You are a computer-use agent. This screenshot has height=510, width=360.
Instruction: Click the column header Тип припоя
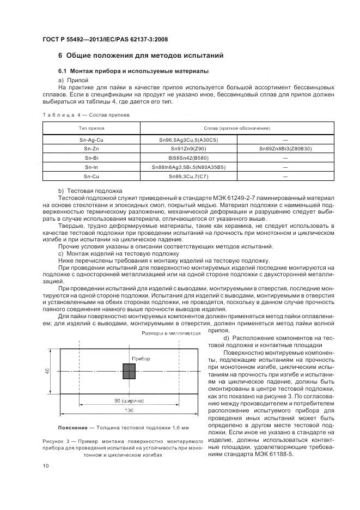coord(91,127)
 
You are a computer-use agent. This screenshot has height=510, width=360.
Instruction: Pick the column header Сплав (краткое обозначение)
coord(237,127)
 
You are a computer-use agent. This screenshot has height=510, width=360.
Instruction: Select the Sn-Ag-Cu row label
coord(91,140)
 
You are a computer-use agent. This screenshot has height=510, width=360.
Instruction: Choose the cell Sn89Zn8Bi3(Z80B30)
coord(285,149)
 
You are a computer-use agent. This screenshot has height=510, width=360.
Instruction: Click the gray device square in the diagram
coord(129,372)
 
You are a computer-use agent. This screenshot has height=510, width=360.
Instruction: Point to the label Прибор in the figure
coord(141,358)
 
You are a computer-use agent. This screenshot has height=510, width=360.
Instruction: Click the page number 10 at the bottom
coord(46,465)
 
